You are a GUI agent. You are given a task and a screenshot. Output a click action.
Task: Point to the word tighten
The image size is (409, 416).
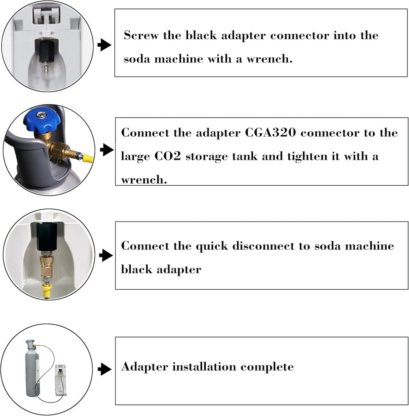coord(312,156)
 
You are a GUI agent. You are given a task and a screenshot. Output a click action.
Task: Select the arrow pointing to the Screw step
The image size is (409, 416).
coord(105,45)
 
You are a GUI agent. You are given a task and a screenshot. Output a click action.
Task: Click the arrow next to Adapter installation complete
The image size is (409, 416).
coord(105,369)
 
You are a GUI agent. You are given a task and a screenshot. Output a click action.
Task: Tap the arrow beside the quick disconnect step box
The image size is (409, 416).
coord(105,256)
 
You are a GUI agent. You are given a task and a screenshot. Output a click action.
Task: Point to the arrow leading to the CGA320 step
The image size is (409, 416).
coord(105,150)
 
